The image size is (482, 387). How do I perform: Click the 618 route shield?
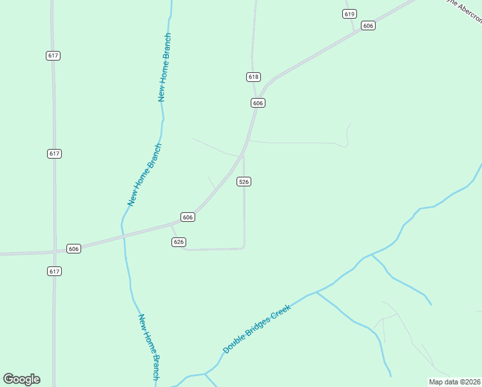253,77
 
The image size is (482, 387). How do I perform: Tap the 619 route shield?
350,14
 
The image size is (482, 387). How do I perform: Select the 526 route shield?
244,182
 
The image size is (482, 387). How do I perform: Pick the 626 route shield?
179,242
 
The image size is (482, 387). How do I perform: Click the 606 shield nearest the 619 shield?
368,26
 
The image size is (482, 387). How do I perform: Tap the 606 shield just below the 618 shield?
258,103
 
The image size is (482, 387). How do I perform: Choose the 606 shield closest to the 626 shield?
188,217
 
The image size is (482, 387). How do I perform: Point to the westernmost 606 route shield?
73,249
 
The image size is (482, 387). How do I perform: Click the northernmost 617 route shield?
53,55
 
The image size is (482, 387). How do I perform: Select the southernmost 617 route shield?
54,272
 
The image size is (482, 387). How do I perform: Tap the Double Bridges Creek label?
257,329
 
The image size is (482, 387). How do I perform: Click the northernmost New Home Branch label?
164,68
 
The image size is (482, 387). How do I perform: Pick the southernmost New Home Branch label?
149,346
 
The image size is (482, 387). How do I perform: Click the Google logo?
21,379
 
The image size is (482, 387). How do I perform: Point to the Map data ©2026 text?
454,382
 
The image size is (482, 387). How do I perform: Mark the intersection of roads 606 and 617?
54,252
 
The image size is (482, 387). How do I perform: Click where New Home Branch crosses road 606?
122,237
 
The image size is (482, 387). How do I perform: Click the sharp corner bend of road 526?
244,247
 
